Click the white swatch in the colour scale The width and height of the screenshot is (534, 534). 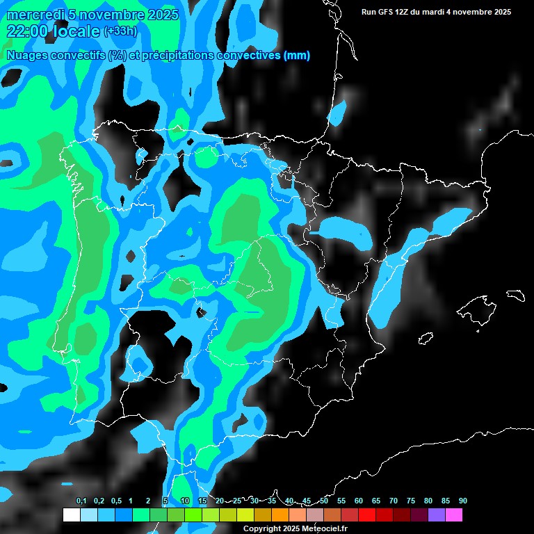pos(71,515)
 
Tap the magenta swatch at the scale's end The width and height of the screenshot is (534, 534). pos(454,515)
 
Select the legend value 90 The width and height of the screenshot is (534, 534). pos(463,501)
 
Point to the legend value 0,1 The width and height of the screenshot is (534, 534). pos(81,501)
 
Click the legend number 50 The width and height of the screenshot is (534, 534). pos(324,501)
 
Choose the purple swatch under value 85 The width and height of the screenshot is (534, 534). pos(437,515)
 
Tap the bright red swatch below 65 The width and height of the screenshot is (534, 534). pos(367,515)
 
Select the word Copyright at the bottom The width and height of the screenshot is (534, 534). pos(261,529)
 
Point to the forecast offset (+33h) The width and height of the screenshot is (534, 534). pos(120,31)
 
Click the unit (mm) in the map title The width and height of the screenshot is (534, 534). pos(297,55)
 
